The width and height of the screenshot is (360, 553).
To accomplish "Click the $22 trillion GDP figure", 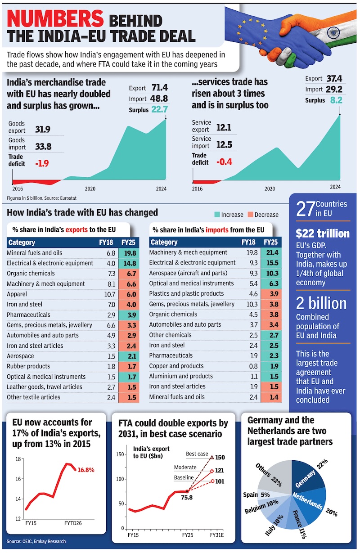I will [322, 234].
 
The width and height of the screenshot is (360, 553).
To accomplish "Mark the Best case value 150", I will [220, 458].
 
